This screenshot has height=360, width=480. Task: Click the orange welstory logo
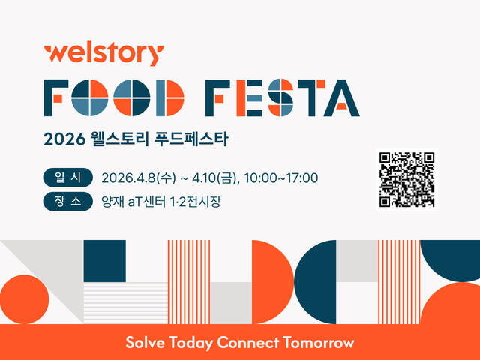[x=103, y=55]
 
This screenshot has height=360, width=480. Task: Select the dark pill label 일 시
[x=67, y=178]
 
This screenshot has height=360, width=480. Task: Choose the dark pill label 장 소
[x=67, y=201]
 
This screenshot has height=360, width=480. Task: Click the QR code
[x=407, y=179]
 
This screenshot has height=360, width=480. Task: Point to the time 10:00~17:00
[x=280, y=178]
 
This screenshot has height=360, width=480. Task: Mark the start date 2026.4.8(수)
[x=139, y=178]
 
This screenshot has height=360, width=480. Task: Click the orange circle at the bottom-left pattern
[x=23, y=298]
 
